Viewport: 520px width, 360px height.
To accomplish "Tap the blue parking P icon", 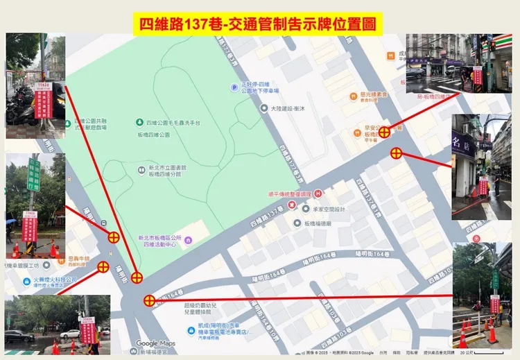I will (x=236, y=87).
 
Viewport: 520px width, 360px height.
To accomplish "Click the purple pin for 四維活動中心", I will (x=188, y=240).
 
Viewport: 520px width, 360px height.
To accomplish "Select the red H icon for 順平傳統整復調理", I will (x=318, y=194).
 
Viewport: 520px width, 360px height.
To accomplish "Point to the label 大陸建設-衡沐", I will (x=291, y=108).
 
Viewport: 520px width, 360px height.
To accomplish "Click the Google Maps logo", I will (x=155, y=343).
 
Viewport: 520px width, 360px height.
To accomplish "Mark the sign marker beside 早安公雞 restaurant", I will (x=383, y=130).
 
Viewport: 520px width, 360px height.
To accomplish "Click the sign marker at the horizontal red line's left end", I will (x=149, y=300).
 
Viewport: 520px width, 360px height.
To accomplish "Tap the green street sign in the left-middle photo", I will (x=33, y=174).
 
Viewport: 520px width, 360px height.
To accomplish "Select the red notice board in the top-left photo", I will (x=43, y=100).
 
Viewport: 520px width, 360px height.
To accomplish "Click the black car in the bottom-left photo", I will (x=19, y=336).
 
